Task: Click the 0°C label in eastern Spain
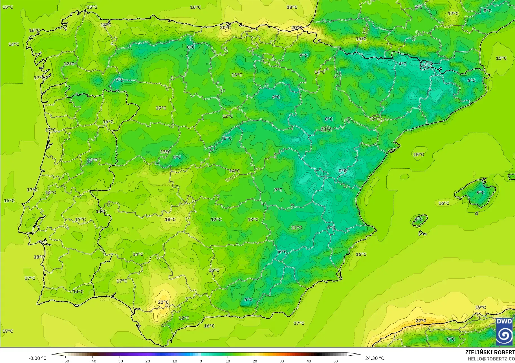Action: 342,171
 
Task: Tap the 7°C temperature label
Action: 120,80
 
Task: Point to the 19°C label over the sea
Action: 481,307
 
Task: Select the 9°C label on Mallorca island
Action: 481,193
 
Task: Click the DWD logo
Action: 504,332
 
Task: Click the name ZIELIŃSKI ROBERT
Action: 490,353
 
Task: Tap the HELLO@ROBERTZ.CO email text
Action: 491,359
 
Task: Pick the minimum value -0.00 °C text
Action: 37,358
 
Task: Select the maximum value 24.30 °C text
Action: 375,358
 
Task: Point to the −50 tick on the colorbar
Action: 66,361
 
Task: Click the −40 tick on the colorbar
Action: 93,361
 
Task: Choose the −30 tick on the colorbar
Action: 120,361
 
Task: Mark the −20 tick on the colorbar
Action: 147,361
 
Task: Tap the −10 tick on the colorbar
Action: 174,361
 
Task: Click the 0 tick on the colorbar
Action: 201,361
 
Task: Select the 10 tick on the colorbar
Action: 228,361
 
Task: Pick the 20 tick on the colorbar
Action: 255,361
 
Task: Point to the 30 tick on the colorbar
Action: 282,361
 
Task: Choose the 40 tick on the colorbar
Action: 309,361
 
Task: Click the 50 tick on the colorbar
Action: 336,361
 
